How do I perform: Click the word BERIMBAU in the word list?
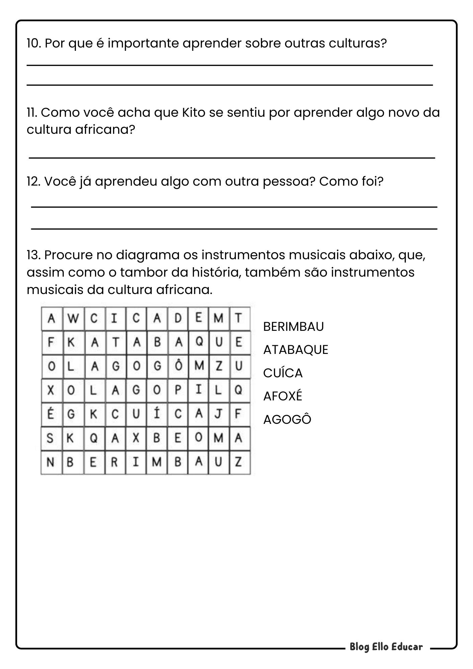click(x=293, y=326)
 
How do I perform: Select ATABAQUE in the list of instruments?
click(x=296, y=350)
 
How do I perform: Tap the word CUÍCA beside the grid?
click(x=283, y=373)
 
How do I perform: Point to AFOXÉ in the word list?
click(x=282, y=396)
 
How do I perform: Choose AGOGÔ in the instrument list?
click(x=287, y=419)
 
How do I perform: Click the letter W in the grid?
click(x=73, y=318)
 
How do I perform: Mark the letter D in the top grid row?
click(x=178, y=318)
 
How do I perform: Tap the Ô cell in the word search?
click(x=178, y=366)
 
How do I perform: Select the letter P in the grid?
click(x=178, y=390)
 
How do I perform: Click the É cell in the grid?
click(x=51, y=414)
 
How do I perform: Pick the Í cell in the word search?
click(x=157, y=414)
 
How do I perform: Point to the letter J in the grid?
click(x=218, y=414)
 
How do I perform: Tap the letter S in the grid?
click(x=51, y=438)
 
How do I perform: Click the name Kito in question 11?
click(x=193, y=113)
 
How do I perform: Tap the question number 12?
click(x=33, y=182)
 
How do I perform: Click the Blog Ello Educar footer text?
click(x=386, y=647)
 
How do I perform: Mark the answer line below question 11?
click(x=232, y=158)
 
